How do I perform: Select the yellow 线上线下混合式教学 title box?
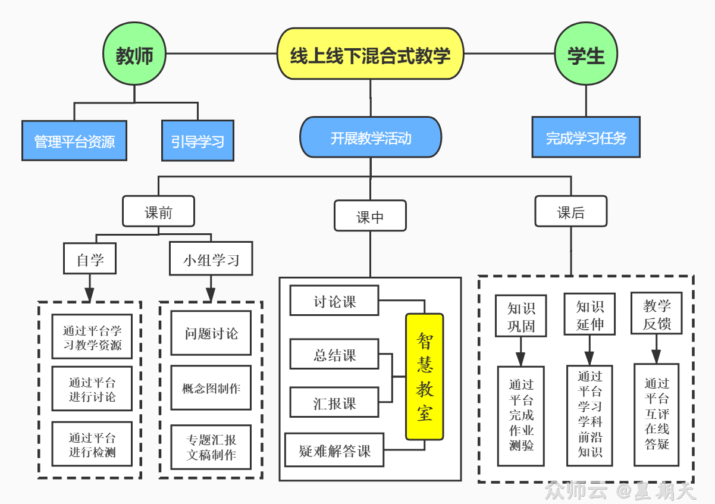(x=370, y=55)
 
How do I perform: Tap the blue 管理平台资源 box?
(x=74, y=141)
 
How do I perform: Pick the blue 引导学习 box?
(x=197, y=141)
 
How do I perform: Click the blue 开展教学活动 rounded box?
(x=371, y=137)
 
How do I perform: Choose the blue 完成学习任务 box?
(x=586, y=137)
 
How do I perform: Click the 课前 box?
(x=158, y=212)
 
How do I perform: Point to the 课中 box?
(x=370, y=216)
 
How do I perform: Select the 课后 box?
(x=571, y=212)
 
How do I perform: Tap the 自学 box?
(x=90, y=259)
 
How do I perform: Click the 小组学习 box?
(x=211, y=259)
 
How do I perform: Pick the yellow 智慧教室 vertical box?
(x=425, y=377)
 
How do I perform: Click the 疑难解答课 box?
(x=334, y=450)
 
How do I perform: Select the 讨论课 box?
(x=334, y=301)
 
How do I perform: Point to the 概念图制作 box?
(x=211, y=388)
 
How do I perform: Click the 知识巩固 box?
(x=521, y=317)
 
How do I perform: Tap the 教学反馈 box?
(x=657, y=314)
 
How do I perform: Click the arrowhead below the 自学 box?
(x=90, y=295)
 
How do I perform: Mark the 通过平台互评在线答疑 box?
(x=657, y=415)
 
